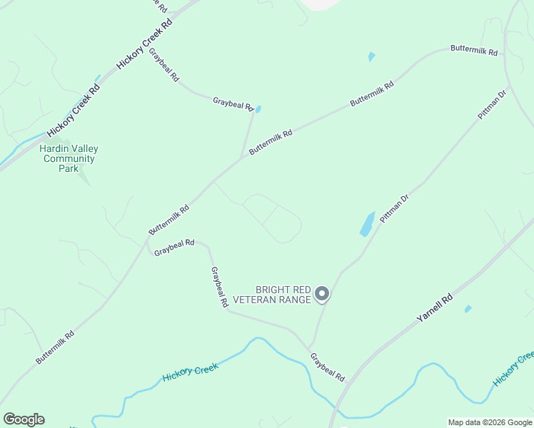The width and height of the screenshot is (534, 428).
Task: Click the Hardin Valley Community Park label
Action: tap(69, 158)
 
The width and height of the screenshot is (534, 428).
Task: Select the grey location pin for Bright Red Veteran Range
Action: tap(322, 293)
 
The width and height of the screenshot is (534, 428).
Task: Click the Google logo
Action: tap(24, 419)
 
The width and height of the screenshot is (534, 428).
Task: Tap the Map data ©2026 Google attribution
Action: tap(490, 422)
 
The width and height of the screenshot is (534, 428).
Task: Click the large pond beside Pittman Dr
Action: tap(367, 224)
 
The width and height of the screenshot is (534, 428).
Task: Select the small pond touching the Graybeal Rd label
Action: tap(258, 109)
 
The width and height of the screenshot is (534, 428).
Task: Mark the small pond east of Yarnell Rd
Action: tap(468, 309)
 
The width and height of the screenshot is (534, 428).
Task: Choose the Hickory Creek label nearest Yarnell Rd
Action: tap(513, 368)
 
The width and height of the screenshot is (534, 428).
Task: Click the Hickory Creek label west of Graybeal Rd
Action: tap(190, 373)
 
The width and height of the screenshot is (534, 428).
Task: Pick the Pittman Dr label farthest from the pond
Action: tap(492, 104)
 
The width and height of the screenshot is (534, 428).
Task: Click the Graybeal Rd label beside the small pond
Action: tap(233, 104)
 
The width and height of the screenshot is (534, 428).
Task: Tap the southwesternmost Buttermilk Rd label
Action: tap(55, 347)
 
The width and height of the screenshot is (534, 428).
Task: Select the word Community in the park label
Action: tap(69, 158)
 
